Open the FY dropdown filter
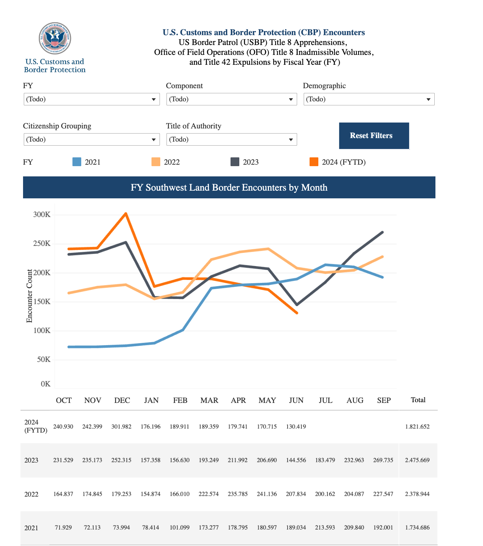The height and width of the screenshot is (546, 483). pyautogui.click(x=91, y=99)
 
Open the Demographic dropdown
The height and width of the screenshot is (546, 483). pyautogui.click(x=369, y=99)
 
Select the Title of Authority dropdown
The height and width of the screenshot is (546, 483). pyautogui.click(x=231, y=139)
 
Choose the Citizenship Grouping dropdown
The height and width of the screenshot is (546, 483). pyautogui.click(x=91, y=139)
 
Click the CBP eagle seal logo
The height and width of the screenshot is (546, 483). pyautogui.click(x=55, y=38)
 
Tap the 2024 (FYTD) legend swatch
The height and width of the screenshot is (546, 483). pyautogui.click(x=314, y=162)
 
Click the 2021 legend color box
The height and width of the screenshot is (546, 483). pyautogui.click(x=77, y=162)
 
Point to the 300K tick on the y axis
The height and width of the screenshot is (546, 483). pyautogui.click(x=42, y=215)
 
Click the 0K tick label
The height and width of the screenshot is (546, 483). pyautogui.click(x=45, y=384)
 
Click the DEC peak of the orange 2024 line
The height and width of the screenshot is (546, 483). pyautogui.click(x=126, y=213)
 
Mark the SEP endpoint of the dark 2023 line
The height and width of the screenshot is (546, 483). pyautogui.click(x=383, y=232)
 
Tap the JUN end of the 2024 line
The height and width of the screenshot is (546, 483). pyautogui.click(x=297, y=313)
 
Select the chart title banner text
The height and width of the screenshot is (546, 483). pyautogui.click(x=229, y=187)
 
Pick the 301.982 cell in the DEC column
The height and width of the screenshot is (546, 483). pyautogui.click(x=121, y=427)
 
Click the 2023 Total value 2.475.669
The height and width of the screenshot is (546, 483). pyautogui.click(x=417, y=460)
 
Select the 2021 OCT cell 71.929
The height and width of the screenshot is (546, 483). pyautogui.click(x=63, y=528)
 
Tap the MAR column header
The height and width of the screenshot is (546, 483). pyautogui.click(x=209, y=400)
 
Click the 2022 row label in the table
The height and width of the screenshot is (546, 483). pyautogui.click(x=31, y=494)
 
